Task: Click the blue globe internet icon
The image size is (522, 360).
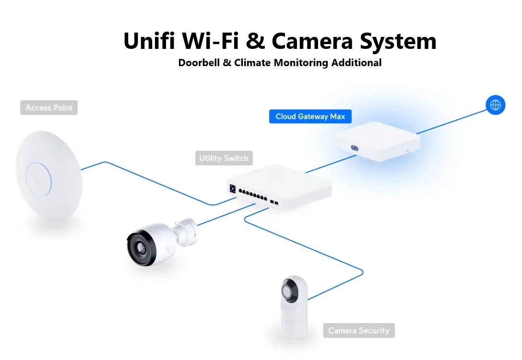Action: click(495, 105)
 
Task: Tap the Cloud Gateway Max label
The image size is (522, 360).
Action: click(310, 116)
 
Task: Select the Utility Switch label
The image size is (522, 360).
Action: click(224, 158)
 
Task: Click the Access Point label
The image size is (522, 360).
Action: click(49, 108)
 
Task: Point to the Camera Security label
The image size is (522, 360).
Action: click(359, 330)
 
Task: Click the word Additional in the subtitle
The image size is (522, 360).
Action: click(356, 63)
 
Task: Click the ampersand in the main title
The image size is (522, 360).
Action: click(257, 41)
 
